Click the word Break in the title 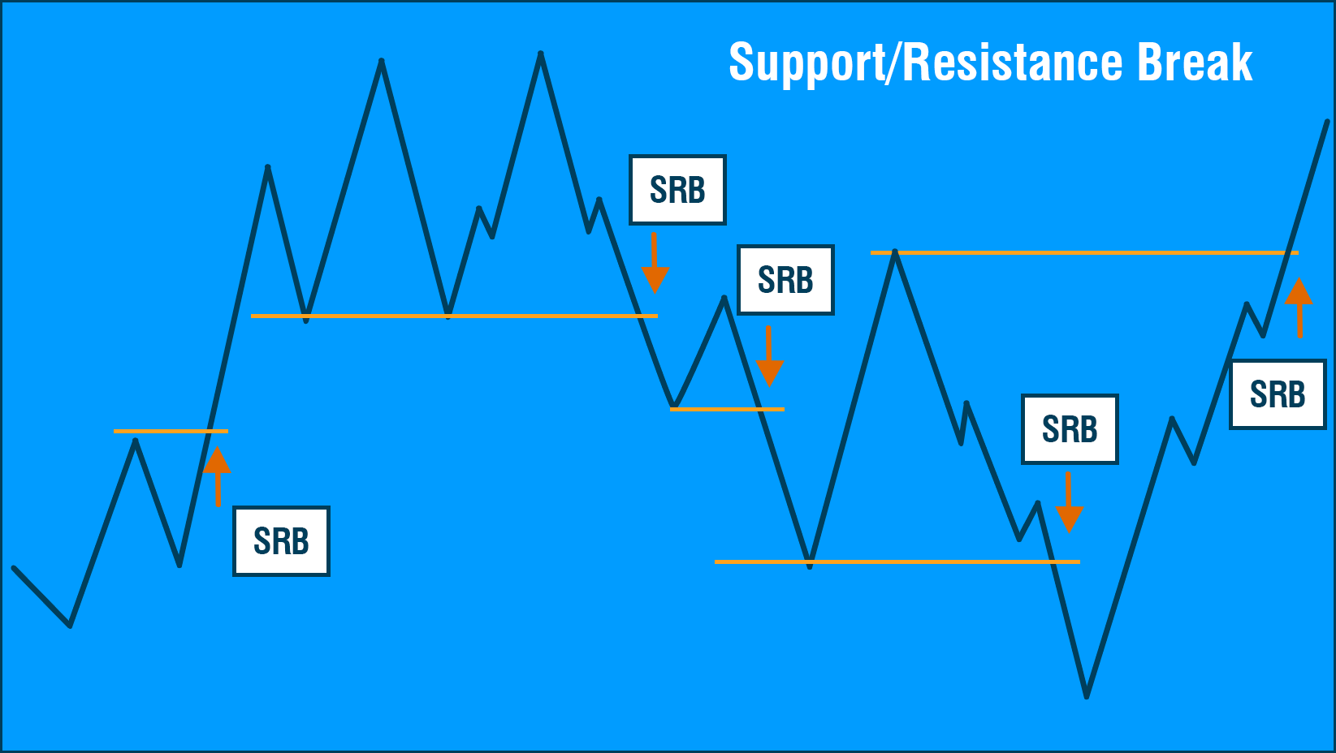pos(1195,62)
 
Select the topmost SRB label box pos(677,190)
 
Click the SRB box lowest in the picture pos(282,541)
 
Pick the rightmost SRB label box pos(1278,394)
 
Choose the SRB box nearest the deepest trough pos(1070,429)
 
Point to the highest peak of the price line pos(540,54)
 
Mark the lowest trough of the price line pos(1087,696)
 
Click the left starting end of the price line pos(14,568)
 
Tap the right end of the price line pos(1327,122)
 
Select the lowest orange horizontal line pos(897,562)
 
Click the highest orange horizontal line pos(1084,252)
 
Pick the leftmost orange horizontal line pos(171,431)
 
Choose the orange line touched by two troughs pos(455,316)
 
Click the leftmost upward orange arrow pos(218,476)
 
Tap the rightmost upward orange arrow pos(1299,308)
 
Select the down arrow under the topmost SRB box pos(655,264)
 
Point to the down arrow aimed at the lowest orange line pos(1069,503)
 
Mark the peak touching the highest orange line pos(895,252)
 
